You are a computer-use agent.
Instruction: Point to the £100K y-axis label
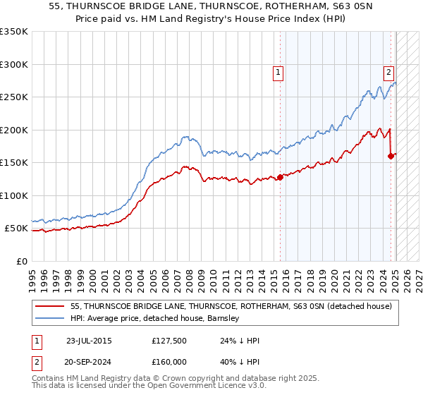pyautogui.click(x=14, y=195)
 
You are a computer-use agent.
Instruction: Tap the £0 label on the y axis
pyautogui.click(x=22, y=261)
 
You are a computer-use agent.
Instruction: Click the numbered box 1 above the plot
pyautogui.click(x=278, y=71)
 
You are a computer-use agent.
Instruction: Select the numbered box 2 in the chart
pyautogui.click(x=388, y=71)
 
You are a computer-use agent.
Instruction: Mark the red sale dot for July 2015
pyautogui.click(x=280, y=177)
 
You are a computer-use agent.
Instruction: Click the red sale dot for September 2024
pyautogui.click(x=391, y=157)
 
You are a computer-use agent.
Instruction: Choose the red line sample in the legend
pyautogui.click(x=51, y=306)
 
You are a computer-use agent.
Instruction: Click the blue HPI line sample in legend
pyautogui.click(x=51, y=318)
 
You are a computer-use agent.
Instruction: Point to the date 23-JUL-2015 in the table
pyautogui.click(x=88, y=341)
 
